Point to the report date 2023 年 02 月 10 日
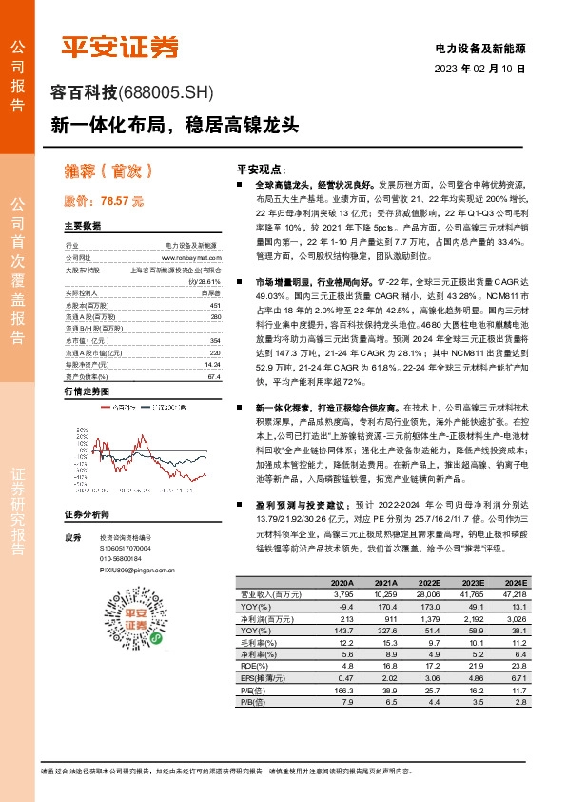click(x=479, y=70)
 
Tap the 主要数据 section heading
click(x=82, y=226)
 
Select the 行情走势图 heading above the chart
click(x=87, y=391)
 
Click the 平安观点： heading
click(x=261, y=165)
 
